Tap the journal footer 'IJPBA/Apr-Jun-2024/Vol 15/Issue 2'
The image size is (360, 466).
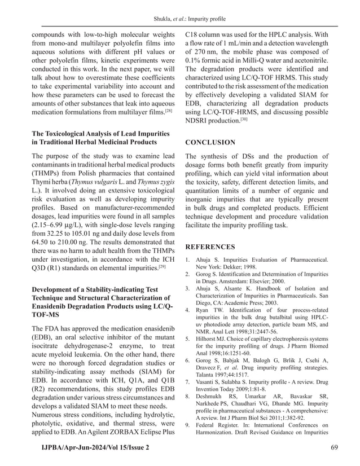click(91, 447)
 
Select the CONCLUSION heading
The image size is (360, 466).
click(210, 143)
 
